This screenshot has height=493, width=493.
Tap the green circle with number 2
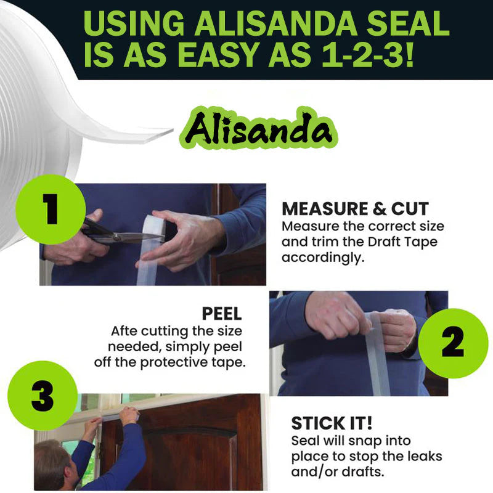452,343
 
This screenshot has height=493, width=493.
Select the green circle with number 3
42,397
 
